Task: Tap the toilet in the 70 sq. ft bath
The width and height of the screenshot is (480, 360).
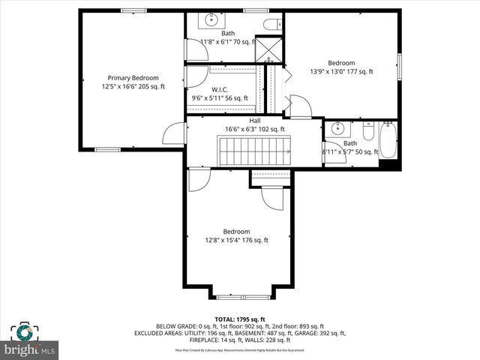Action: click(271, 24)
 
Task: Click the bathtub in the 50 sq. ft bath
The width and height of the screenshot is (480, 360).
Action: click(388, 140)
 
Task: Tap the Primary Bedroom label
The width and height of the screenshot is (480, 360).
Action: click(133, 78)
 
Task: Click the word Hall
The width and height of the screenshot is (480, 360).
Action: click(255, 120)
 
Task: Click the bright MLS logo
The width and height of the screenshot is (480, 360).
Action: click(30, 349)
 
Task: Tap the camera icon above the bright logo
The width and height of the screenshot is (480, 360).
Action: click(24, 332)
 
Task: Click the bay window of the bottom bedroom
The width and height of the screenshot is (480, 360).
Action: click(239, 295)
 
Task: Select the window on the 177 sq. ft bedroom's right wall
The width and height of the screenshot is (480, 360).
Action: click(399, 63)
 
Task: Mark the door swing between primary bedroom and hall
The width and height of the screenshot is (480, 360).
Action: click(175, 133)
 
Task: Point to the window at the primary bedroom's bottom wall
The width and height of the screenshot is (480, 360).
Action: click(107, 149)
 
